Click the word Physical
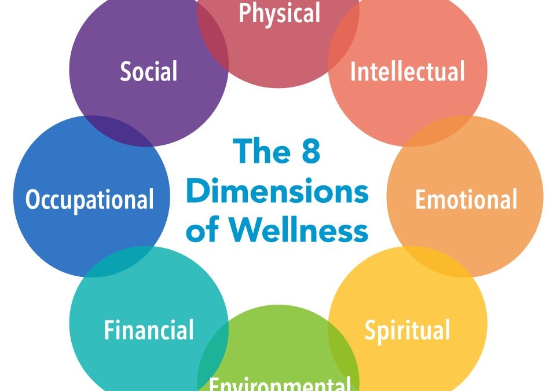(279, 13)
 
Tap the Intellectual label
(408, 72)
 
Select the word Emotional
(466, 199)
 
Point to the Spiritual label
(407, 330)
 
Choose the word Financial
(149, 330)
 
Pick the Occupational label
(90, 199)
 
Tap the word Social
(149, 72)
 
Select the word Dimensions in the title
(277, 192)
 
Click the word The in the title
(260, 152)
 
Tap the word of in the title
(202, 231)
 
